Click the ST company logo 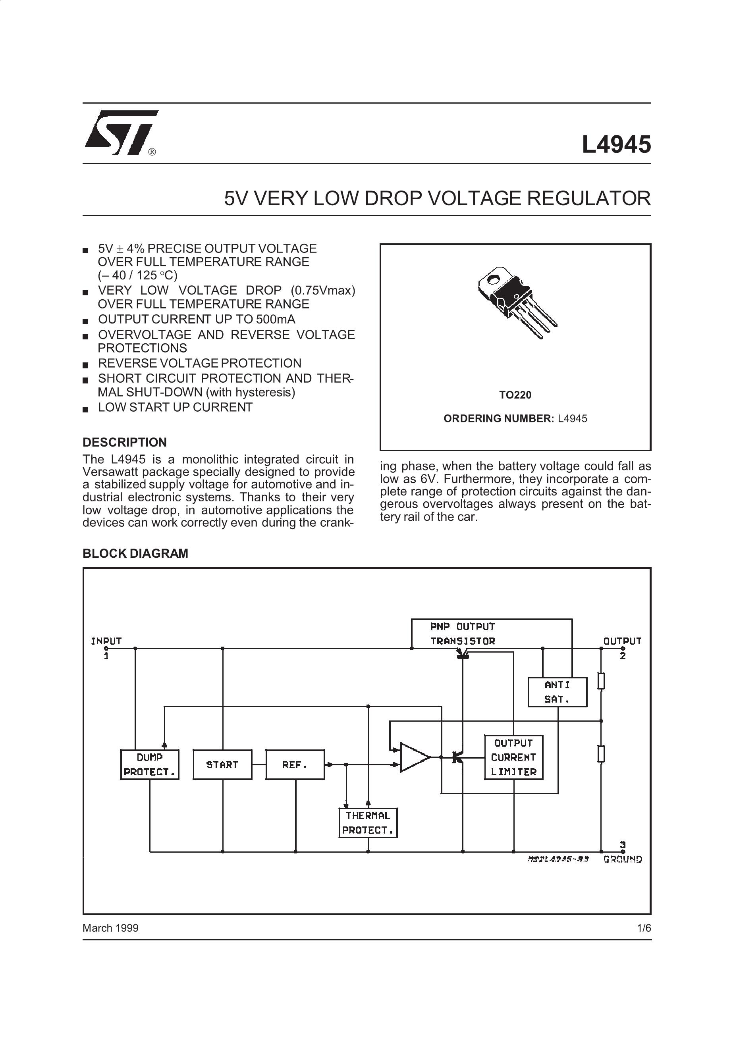(x=121, y=132)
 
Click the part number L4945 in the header (x=616, y=145)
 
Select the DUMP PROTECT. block (x=150, y=765)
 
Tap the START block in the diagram (x=222, y=765)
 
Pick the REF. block (x=295, y=765)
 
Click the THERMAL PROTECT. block (x=368, y=822)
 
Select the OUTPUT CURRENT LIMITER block (x=513, y=757)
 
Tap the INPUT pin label (x=106, y=641)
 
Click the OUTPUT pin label (x=622, y=641)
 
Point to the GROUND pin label (x=623, y=859)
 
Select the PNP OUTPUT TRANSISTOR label (x=463, y=634)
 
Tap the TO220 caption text (x=515, y=395)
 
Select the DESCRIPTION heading (x=125, y=442)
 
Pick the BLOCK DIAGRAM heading (x=135, y=553)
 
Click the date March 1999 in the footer (x=110, y=928)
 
